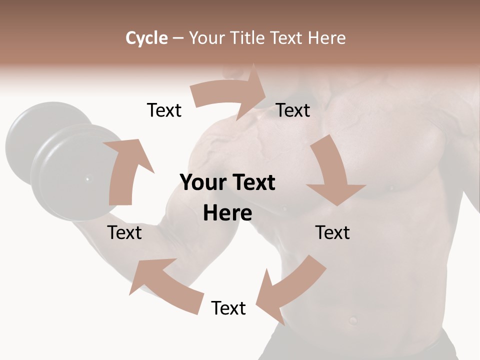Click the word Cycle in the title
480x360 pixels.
pyautogui.click(x=146, y=38)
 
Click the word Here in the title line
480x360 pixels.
pyautogui.click(x=326, y=38)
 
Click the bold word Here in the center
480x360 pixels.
pyautogui.click(x=227, y=213)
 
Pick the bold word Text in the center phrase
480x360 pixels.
pyautogui.click(x=253, y=182)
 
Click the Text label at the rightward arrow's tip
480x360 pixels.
pyautogui.click(x=293, y=110)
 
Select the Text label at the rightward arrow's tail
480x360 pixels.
pyautogui.click(x=164, y=110)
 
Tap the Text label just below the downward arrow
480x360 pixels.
pyautogui.click(x=332, y=232)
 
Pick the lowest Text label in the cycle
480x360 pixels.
pyautogui.click(x=228, y=308)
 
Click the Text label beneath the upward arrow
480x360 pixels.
pyautogui.click(x=124, y=232)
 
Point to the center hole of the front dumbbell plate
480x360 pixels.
pyautogui.click(x=87, y=178)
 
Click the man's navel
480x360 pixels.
pyautogui.click(x=353, y=319)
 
